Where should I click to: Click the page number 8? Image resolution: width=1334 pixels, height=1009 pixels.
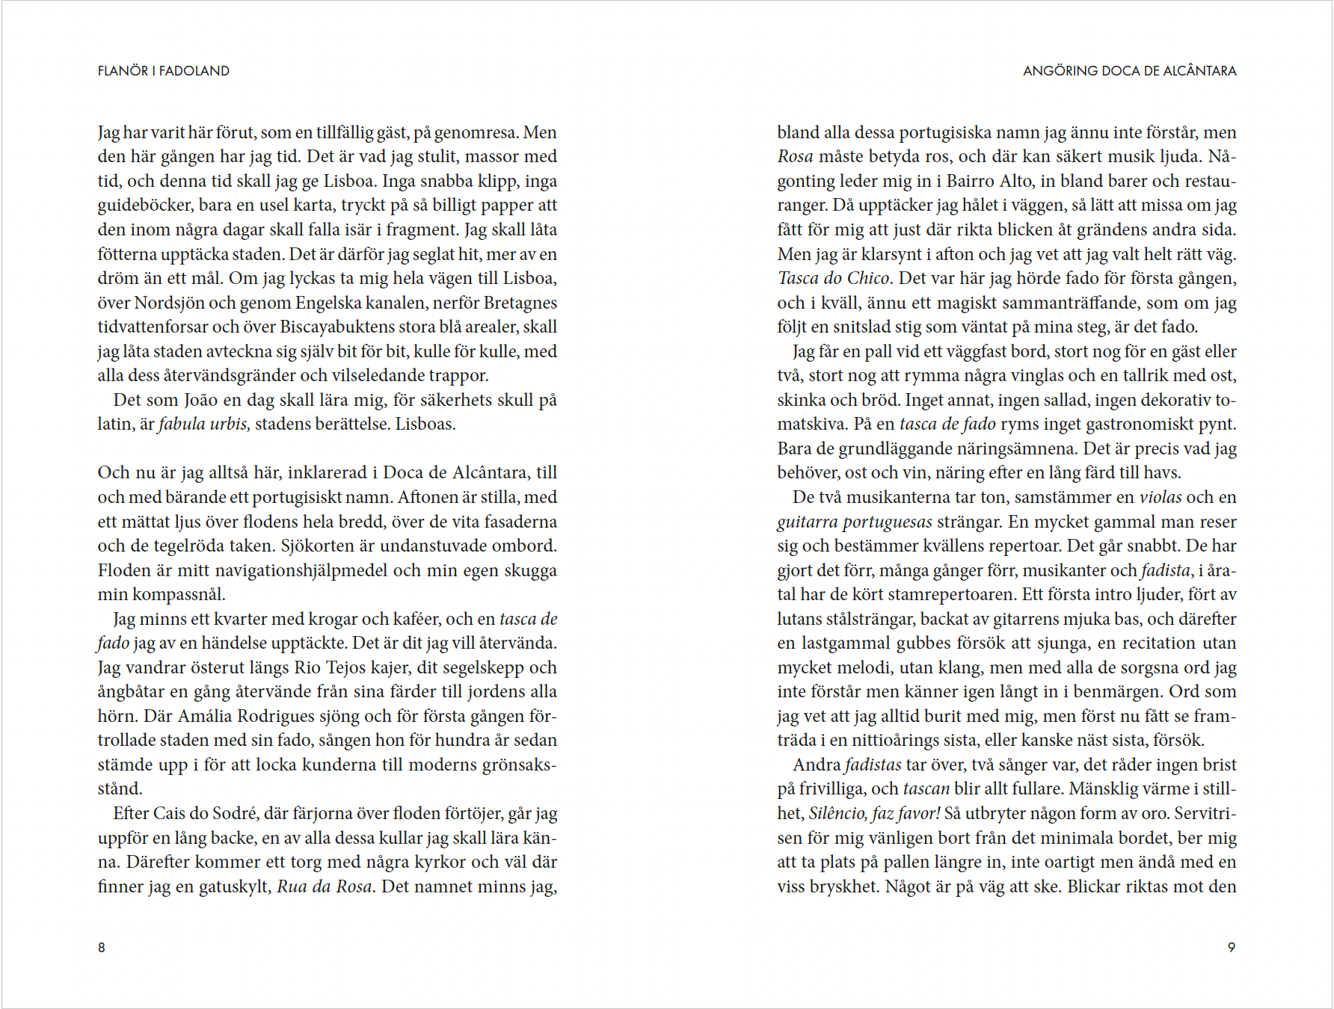click(x=102, y=947)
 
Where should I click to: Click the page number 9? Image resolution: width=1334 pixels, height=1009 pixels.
click(x=1232, y=947)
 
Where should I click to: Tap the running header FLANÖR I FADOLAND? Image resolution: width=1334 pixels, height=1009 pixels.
click(x=163, y=71)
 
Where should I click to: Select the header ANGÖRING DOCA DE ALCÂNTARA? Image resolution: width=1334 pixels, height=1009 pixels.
click(x=1129, y=71)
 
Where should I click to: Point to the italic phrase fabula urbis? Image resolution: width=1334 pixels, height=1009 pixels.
click(x=203, y=425)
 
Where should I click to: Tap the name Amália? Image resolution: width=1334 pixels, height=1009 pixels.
click(x=205, y=716)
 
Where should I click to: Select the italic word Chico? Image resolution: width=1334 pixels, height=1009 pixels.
click(x=867, y=278)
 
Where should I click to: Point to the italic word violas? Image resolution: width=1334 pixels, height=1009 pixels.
click(x=1160, y=497)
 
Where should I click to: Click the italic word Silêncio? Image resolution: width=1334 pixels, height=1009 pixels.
click(x=837, y=813)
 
